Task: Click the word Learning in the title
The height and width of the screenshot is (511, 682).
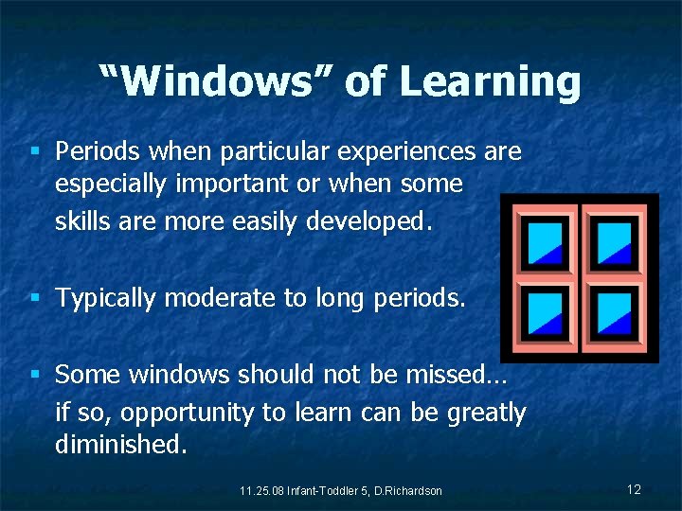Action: click(490, 83)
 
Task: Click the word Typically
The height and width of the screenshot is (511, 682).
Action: click(105, 299)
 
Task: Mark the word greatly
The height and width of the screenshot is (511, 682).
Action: click(481, 414)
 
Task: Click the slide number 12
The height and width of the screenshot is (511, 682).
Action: click(634, 489)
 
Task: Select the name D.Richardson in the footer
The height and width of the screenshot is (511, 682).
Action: click(408, 490)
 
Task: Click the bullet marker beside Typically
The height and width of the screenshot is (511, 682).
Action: click(35, 298)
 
